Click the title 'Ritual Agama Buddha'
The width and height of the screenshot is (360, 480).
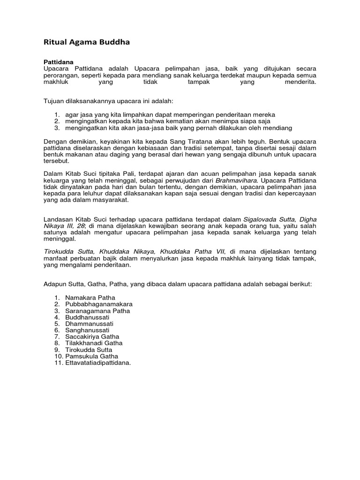tap(87, 42)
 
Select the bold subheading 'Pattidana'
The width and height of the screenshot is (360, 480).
tap(59, 61)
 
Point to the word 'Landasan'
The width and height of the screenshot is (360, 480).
tap(58, 219)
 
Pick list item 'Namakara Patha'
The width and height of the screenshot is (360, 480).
tap(90, 298)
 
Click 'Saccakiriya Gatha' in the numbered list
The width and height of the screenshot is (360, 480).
tap(92, 337)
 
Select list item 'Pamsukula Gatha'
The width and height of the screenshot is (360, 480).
tap(92, 356)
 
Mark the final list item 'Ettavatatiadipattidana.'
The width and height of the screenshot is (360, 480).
tap(98, 363)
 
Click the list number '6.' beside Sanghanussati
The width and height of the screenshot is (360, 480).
tap(57, 330)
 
